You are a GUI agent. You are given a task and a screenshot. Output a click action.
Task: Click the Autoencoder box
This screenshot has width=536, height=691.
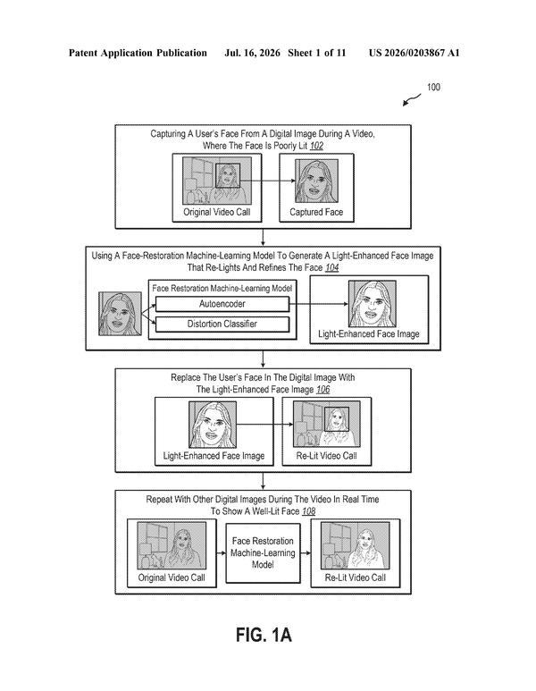point(222,304)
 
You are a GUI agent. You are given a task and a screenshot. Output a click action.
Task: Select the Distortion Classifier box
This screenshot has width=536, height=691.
point(222,324)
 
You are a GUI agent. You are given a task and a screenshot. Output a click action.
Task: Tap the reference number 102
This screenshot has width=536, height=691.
point(316,146)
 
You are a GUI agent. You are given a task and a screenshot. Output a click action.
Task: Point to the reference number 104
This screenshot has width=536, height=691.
point(331,268)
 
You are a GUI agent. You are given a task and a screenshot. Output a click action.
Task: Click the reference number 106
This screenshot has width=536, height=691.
point(322,390)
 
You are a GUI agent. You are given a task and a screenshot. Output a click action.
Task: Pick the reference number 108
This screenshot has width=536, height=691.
point(309,511)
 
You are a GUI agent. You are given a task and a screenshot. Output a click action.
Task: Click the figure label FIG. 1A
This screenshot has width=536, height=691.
point(264,636)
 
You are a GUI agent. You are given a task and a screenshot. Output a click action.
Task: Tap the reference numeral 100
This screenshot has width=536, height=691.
point(433,87)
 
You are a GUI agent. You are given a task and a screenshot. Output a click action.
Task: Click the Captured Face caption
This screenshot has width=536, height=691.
point(316,212)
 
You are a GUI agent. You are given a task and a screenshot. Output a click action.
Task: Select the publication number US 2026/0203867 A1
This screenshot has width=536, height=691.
point(414,53)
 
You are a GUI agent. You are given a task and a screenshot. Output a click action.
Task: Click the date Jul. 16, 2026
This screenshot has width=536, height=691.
point(252,53)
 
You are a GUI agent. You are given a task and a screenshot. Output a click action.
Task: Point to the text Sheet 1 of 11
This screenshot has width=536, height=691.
point(316,53)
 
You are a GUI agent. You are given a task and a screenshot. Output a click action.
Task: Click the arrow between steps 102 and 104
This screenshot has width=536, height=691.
point(263,237)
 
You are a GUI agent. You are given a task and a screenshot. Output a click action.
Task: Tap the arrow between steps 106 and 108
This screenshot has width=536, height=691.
point(263,481)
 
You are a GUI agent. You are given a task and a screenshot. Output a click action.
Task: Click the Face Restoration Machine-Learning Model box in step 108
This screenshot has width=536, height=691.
point(263,553)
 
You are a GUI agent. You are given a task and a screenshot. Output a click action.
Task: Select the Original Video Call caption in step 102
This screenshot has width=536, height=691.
point(217,212)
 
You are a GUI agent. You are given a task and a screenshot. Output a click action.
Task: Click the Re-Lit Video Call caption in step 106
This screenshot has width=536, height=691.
point(326,456)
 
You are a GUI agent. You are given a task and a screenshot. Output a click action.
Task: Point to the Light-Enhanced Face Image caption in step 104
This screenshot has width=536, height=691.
point(369,334)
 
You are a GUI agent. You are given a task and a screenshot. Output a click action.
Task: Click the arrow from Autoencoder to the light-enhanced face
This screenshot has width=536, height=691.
point(319,304)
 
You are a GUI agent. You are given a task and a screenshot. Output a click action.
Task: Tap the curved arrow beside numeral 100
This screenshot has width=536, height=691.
point(411,100)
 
